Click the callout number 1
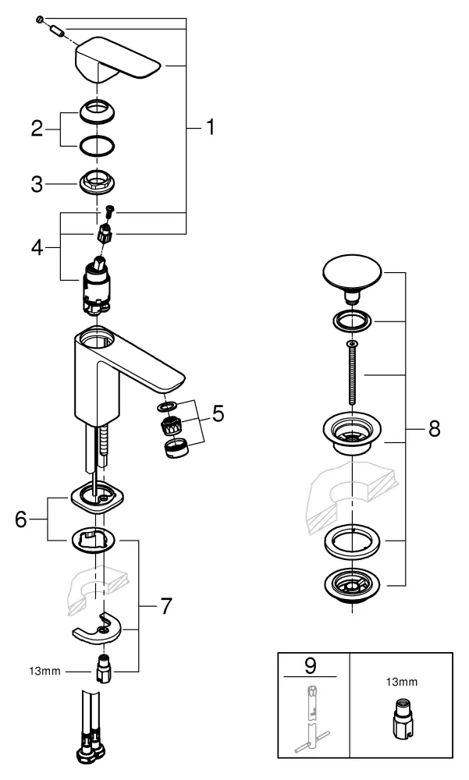click(x=208, y=127)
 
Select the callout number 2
click(x=37, y=128)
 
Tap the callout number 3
click(x=37, y=185)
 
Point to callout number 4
click(x=37, y=247)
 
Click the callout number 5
click(x=219, y=413)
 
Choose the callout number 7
click(x=165, y=605)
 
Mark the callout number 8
click(x=435, y=428)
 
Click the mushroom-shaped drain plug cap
click(x=352, y=277)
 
